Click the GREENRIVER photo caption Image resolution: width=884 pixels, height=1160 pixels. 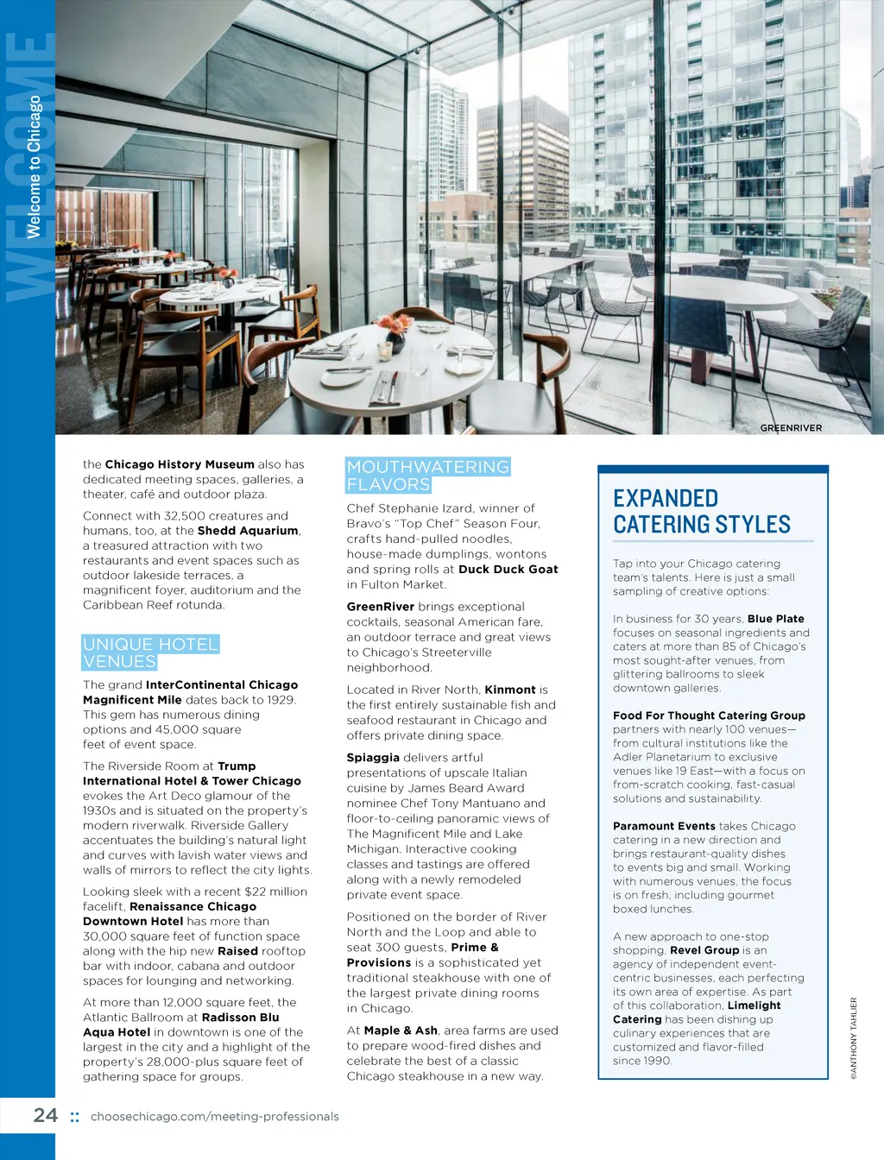click(x=791, y=428)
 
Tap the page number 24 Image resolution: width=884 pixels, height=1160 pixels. click(x=46, y=1115)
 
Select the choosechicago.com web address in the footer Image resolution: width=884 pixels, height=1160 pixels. click(x=214, y=1117)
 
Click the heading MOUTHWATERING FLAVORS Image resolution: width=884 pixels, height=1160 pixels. click(x=428, y=476)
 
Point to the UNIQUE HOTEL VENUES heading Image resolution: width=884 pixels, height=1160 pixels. click(x=150, y=652)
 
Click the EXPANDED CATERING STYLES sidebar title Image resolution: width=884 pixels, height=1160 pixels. click(x=701, y=511)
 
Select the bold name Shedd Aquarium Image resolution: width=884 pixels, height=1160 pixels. click(x=248, y=531)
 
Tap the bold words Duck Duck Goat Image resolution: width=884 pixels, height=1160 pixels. click(x=508, y=570)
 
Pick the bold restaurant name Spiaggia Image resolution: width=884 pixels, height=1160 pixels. click(x=373, y=758)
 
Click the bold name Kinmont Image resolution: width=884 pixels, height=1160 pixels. click(x=510, y=690)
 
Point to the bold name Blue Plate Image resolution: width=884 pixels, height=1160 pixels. click(x=775, y=619)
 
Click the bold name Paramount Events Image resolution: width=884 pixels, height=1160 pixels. click(x=664, y=826)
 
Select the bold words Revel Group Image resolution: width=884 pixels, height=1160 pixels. click(x=704, y=950)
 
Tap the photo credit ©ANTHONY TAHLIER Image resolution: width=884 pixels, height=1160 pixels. click(x=854, y=1038)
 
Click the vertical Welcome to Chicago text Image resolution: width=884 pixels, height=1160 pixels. click(x=35, y=167)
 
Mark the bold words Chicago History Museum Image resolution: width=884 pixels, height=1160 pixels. click(x=180, y=464)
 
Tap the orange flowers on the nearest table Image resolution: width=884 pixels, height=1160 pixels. click(x=394, y=326)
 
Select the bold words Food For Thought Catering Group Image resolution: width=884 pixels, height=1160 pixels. click(x=709, y=716)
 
